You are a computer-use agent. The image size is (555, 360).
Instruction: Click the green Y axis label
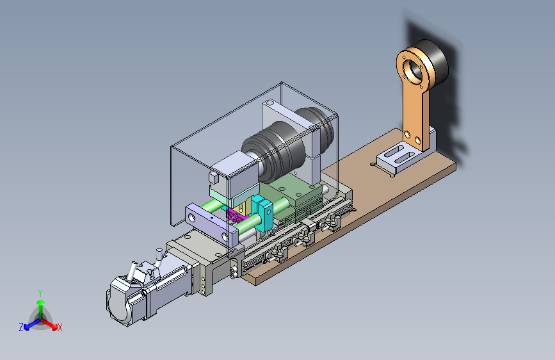tap(40, 293)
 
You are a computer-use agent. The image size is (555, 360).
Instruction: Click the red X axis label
tap(60, 327)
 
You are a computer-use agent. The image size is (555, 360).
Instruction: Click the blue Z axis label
tap(21, 327)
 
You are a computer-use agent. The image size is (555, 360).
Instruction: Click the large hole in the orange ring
tap(413, 69)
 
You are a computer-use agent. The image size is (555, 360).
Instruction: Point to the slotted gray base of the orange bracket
tap(400, 158)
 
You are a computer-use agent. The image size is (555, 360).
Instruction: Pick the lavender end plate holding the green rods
tap(211, 225)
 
